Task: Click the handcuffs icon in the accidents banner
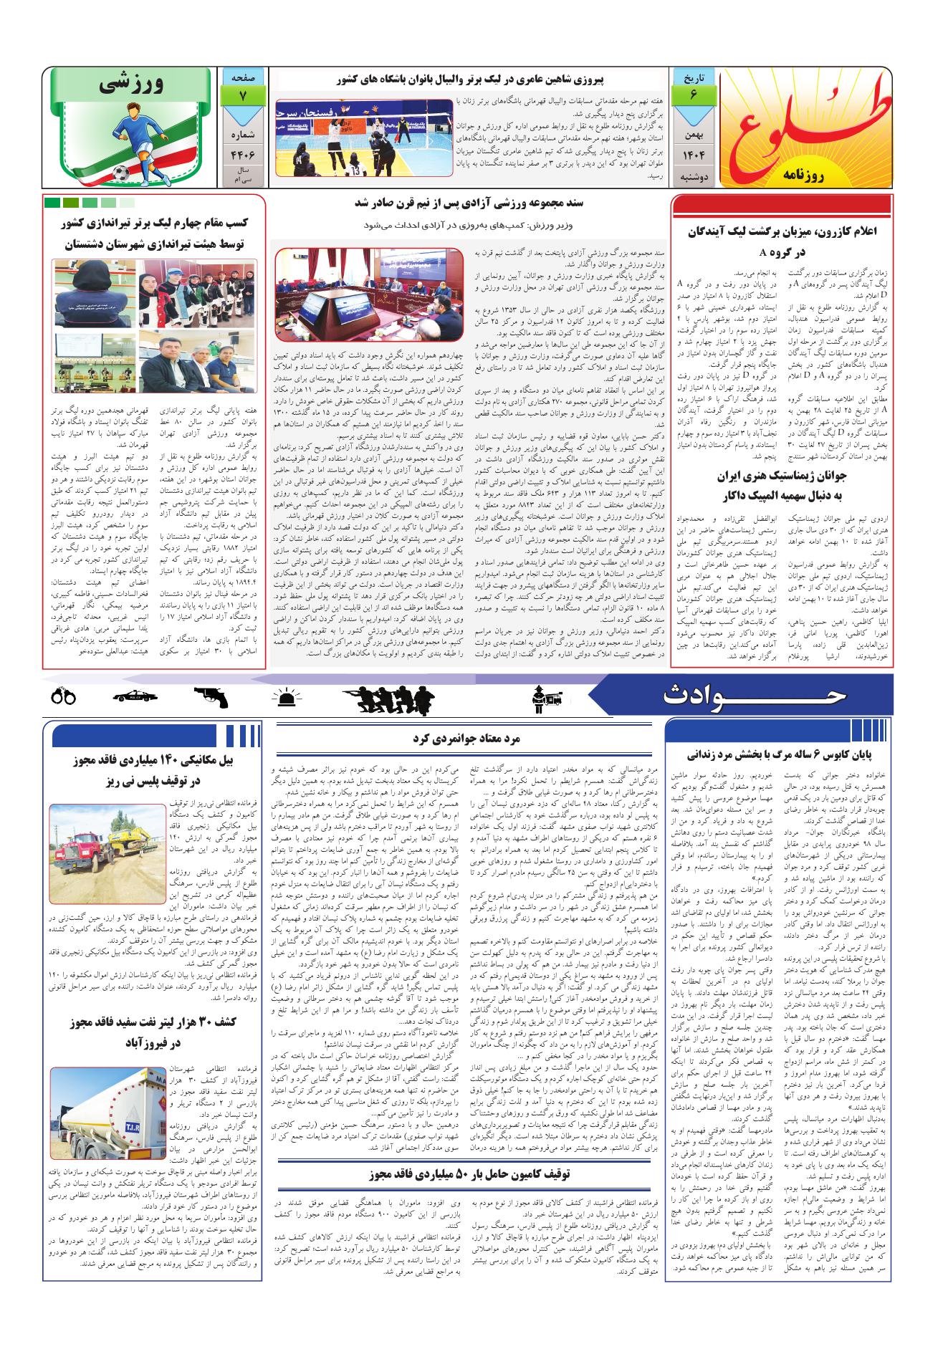(64, 696)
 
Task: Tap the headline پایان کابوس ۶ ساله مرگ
(780, 754)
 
